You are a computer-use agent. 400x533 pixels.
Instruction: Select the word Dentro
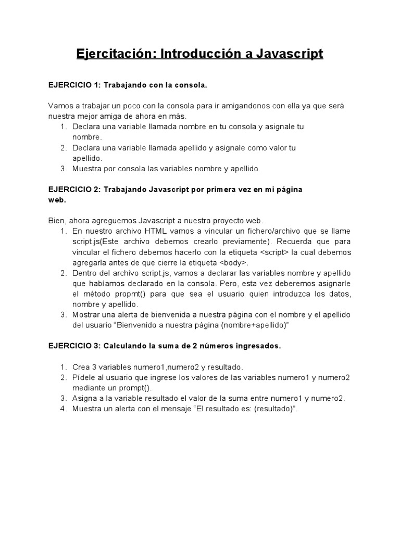pyautogui.click(x=84, y=273)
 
